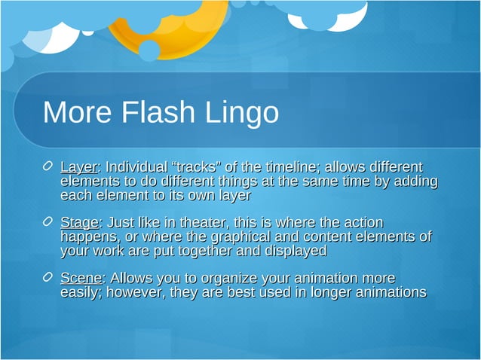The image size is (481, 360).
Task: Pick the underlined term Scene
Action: [81, 279]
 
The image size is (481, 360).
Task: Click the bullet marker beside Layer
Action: [47, 166]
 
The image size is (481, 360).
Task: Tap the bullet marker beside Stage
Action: [47, 223]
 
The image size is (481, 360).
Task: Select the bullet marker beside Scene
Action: [47, 279]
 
